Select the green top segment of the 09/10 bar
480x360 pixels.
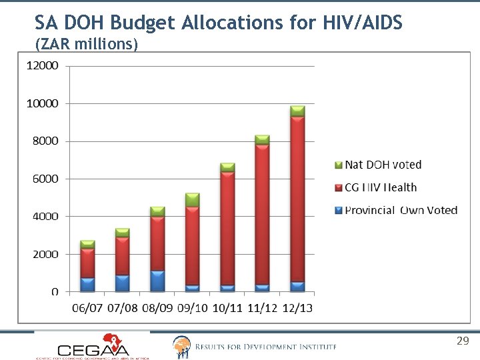(193, 199)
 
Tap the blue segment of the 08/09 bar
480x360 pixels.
(157, 281)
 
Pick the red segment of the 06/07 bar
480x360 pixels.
(88, 263)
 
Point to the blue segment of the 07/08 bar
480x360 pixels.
(123, 283)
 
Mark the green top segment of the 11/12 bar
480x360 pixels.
(263, 140)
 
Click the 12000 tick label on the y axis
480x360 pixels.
(42, 66)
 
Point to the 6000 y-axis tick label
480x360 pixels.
(45, 179)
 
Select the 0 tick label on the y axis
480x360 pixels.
(55, 292)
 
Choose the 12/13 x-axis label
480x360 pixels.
(297, 309)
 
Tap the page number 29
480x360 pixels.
(463, 341)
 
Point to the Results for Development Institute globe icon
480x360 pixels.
(181, 346)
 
